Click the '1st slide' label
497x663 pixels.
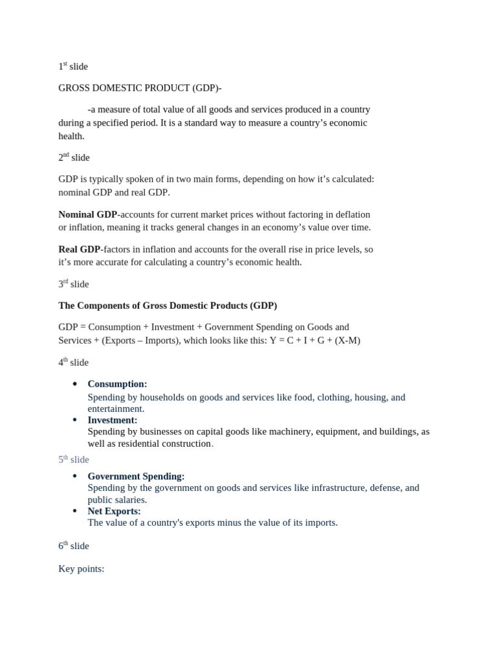point(73,67)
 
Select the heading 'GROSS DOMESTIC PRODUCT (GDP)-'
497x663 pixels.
point(140,88)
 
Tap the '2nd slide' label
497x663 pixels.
point(74,157)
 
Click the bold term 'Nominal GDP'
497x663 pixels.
point(88,214)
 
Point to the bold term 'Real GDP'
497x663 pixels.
point(80,249)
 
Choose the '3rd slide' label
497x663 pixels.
point(74,284)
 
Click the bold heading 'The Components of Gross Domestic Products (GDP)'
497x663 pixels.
point(168,306)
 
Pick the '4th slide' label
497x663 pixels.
point(74,363)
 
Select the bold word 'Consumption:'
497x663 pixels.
point(117,384)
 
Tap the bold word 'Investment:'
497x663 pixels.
point(113,420)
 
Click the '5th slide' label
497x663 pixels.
point(74,460)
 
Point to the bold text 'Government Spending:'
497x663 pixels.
point(136,477)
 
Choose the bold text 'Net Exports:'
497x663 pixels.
point(114,511)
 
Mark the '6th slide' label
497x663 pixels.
point(74,546)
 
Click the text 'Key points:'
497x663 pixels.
point(82,569)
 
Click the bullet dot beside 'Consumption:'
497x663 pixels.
point(75,384)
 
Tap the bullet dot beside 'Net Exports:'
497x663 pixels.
point(75,511)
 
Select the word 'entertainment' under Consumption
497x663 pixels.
point(115,409)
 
